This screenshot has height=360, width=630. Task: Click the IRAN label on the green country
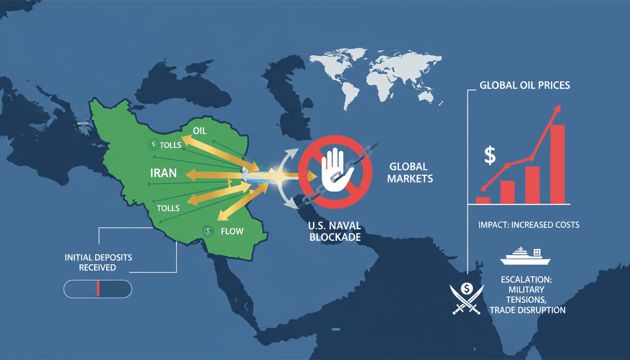point(163,172)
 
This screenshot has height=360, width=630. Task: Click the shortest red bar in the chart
point(483,200)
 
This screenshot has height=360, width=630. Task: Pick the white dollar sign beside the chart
point(490,156)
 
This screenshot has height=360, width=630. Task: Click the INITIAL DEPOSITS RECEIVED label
point(98,262)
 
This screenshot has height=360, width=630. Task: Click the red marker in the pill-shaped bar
point(98,289)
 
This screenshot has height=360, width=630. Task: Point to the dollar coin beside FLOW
point(208,231)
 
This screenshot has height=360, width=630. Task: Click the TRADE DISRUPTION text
point(527,310)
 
